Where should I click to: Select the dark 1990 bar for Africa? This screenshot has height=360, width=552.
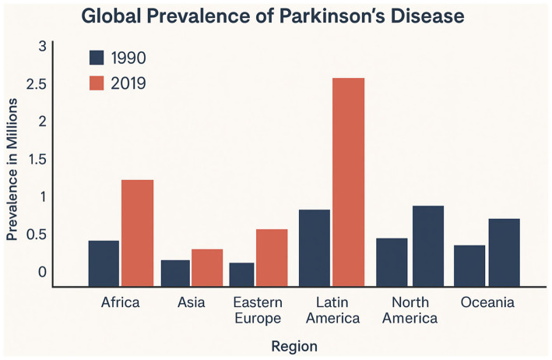(104, 263)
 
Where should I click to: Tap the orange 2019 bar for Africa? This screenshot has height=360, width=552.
(138, 233)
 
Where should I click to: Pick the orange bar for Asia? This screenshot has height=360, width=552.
(208, 267)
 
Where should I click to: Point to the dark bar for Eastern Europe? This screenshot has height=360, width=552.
(241, 274)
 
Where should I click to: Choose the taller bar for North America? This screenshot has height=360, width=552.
(428, 245)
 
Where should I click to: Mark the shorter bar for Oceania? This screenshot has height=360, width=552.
(469, 266)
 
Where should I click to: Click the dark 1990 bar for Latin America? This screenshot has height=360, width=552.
(314, 248)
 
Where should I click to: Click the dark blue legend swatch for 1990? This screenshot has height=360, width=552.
(97, 58)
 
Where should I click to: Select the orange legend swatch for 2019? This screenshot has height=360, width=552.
(97, 83)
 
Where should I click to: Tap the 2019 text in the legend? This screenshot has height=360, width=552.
(128, 83)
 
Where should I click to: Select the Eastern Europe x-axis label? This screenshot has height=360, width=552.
(258, 310)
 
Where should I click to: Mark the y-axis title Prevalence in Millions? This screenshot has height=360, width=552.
(12, 164)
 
